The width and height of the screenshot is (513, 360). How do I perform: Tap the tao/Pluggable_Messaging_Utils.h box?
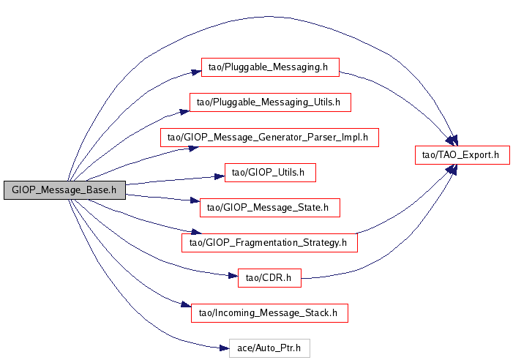tap(270, 102)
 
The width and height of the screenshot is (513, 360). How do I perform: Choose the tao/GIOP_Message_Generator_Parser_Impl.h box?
tap(269, 137)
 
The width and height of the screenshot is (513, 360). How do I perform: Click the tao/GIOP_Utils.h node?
tap(269, 173)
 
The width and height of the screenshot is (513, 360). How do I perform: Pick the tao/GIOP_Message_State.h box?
tap(270, 208)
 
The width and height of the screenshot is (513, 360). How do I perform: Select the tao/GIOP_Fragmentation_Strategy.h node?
tap(269, 242)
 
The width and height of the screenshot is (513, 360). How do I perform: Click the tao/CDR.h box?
tap(269, 277)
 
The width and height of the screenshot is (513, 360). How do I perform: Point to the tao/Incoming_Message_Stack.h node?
tap(269, 312)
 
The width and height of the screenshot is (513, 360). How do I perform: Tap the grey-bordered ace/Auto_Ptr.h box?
tap(269, 348)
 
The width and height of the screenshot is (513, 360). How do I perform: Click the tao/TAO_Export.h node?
tap(461, 154)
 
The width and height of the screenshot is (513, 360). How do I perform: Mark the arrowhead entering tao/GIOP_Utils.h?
tap(220, 176)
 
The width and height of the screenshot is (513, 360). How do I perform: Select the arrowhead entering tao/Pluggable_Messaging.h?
tap(196, 72)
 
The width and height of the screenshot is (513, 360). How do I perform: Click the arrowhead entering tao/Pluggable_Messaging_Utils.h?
tap(185, 110)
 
